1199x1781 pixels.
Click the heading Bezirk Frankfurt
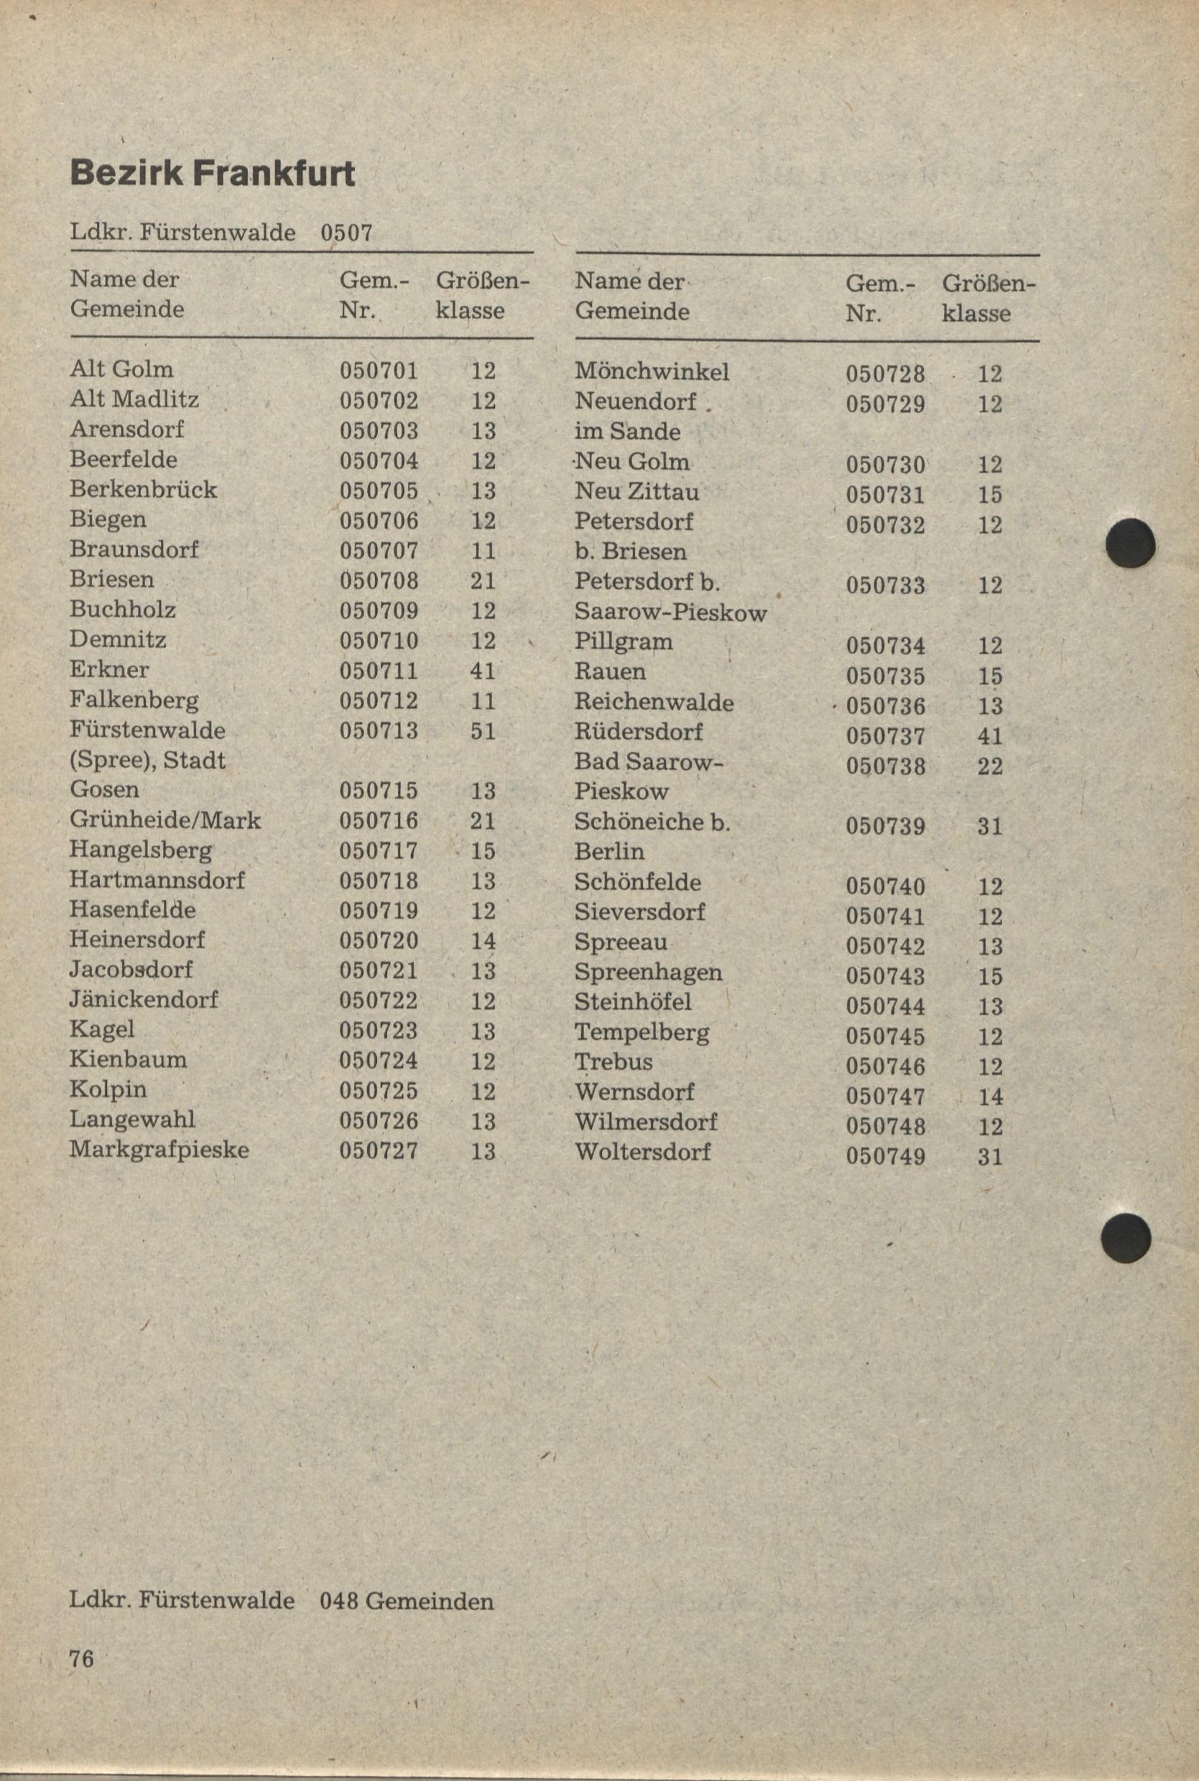coord(212,175)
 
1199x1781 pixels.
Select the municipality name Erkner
coord(108,669)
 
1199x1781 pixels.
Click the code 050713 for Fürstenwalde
coord(379,731)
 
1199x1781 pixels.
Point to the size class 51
coord(483,732)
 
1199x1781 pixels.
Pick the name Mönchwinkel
coord(652,371)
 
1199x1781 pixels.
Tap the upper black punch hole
coord(1130,543)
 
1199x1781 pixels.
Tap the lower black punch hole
coord(1126,1237)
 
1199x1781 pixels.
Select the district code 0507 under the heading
coord(346,232)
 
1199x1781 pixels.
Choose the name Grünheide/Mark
coord(165,820)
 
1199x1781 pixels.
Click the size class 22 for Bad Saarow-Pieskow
coord(989,766)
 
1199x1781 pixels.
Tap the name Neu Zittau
coord(636,491)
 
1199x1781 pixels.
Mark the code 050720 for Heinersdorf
coord(379,940)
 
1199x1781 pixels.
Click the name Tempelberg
coord(642,1033)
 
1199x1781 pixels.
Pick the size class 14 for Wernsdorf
coord(989,1097)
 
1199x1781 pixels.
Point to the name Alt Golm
coord(121,369)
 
